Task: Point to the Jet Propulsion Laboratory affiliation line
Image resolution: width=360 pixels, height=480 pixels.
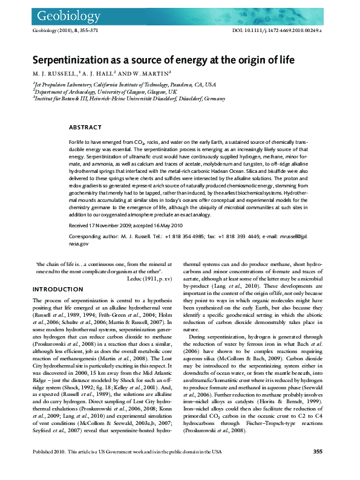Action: [116, 85]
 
